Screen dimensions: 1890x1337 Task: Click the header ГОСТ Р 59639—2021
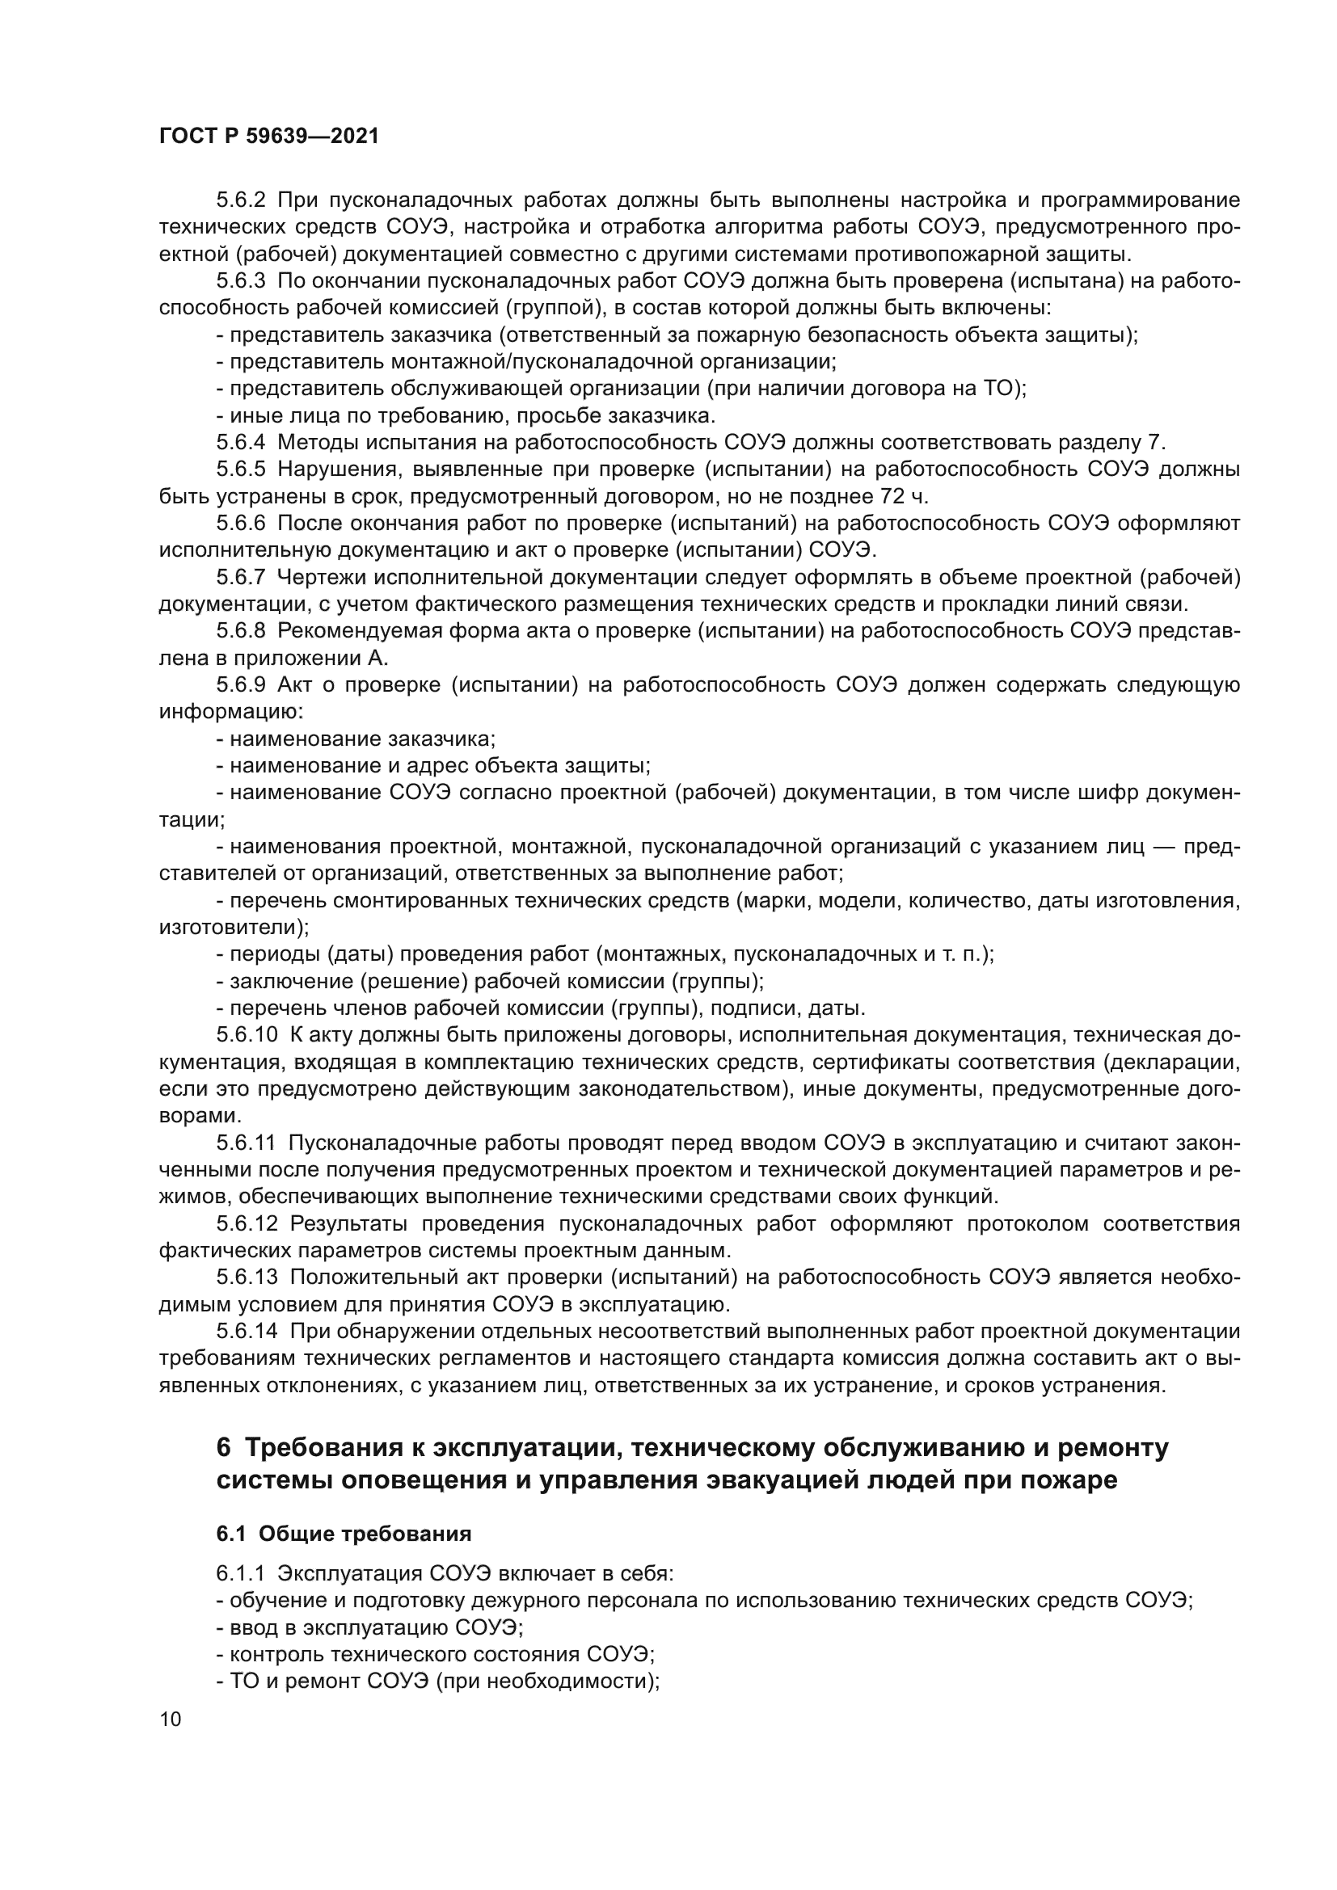point(268,137)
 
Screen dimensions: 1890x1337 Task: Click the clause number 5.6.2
point(240,200)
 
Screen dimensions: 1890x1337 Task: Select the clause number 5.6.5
point(240,469)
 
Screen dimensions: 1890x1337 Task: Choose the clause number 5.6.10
point(247,1035)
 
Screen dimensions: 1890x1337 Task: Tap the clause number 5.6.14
point(247,1331)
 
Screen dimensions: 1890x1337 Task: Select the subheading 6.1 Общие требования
point(344,1534)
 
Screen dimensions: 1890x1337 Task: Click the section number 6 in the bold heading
point(222,1447)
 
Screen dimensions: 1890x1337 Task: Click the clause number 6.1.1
point(240,1574)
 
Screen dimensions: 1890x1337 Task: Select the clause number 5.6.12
point(247,1223)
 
